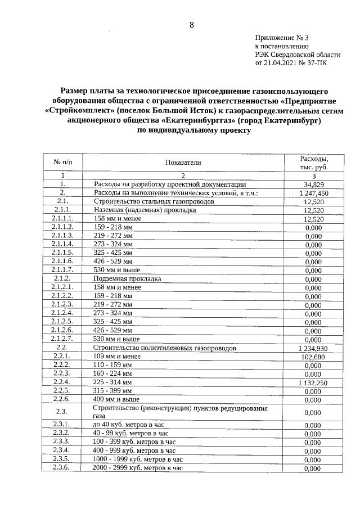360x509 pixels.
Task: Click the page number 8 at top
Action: (191, 25)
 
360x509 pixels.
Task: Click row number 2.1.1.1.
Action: (63, 218)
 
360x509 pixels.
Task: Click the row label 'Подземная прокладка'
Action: (127, 279)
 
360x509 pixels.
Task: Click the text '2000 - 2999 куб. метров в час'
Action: (138, 467)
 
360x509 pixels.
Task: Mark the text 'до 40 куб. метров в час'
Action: (128, 425)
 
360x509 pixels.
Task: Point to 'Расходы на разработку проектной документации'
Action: (169, 184)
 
